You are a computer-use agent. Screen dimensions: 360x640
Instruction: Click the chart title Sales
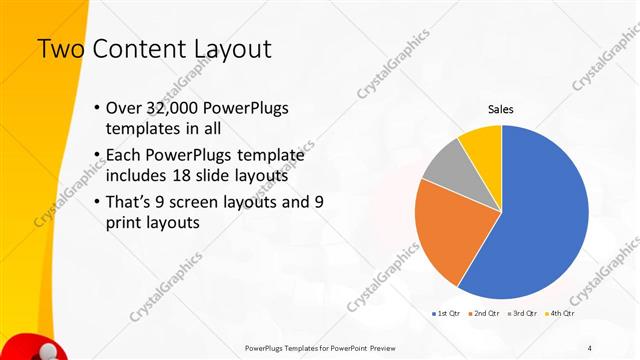[x=501, y=109]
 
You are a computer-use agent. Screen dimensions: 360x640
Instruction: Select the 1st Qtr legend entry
[x=444, y=314]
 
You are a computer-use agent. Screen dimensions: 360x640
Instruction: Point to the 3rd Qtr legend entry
[x=522, y=314]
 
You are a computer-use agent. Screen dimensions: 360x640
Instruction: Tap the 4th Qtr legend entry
[x=560, y=314]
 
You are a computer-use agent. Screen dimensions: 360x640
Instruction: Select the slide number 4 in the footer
[x=590, y=347]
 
